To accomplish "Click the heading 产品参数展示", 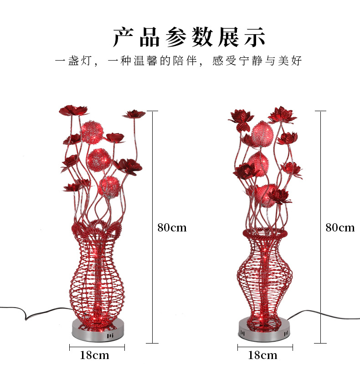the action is (x=189, y=37).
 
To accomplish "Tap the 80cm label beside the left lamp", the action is (x=172, y=227).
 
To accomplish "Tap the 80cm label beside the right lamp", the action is (x=339, y=227).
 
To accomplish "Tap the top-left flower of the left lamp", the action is (x=73, y=110).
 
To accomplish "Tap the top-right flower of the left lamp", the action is (x=134, y=113).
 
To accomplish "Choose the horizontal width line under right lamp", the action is (x=265, y=347).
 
